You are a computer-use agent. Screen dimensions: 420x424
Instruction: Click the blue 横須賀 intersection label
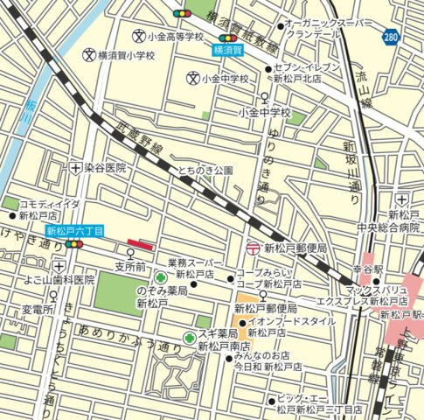(x=229, y=51)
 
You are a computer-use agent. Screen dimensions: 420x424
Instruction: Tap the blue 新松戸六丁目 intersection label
(x=75, y=232)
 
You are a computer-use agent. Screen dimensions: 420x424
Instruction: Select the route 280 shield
(x=392, y=37)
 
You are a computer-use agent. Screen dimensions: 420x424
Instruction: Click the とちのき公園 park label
(x=205, y=170)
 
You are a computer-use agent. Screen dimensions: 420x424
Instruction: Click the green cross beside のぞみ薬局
(x=161, y=278)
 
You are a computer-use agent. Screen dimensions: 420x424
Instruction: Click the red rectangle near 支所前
(x=140, y=244)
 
